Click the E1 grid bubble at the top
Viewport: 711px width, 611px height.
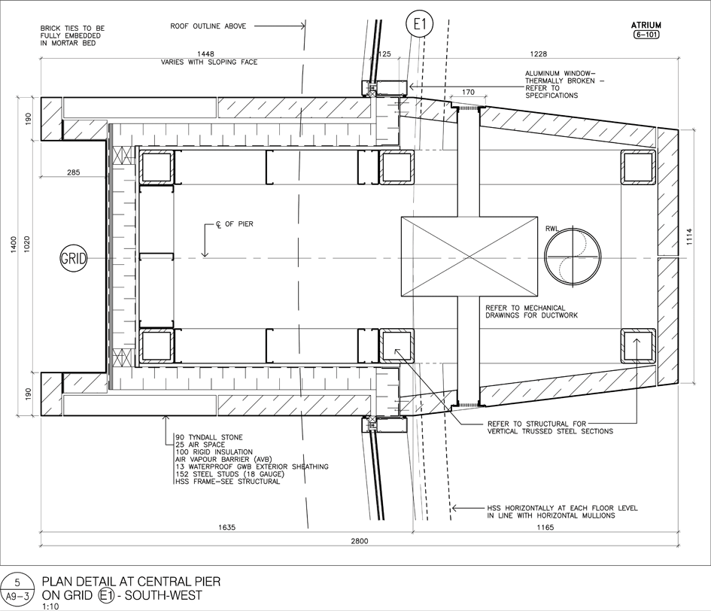coord(420,23)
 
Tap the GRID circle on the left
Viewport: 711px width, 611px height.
coord(74,259)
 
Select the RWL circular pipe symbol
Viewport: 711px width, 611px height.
coord(573,256)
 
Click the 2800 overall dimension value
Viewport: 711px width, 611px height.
coord(359,541)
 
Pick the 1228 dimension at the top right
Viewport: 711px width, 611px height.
coord(538,54)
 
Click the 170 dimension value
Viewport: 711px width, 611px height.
coord(469,92)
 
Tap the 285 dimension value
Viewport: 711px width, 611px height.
coord(73,172)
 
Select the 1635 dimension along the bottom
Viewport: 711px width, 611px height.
coord(226,527)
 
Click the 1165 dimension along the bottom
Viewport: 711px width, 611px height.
coord(545,527)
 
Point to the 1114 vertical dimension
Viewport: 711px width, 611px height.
coord(690,236)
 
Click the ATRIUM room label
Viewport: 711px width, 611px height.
coord(646,26)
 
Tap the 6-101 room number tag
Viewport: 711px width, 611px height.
coord(646,35)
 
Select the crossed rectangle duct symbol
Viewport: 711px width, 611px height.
coord(469,257)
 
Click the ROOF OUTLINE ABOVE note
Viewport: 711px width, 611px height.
coord(208,26)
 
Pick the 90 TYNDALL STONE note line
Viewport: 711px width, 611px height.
coord(209,437)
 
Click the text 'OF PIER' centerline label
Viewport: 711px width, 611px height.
coord(239,224)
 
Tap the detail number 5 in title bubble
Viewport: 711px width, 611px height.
coord(17,582)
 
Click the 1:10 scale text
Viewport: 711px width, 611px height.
coord(50,606)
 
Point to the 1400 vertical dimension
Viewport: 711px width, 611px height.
coord(14,245)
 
